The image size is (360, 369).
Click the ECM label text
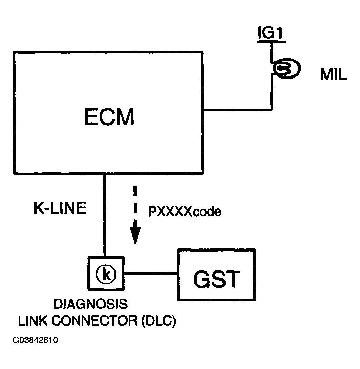pyautogui.click(x=109, y=117)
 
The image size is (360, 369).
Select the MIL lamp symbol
pyautogui.click(x=286, y=69)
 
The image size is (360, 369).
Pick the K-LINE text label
pyautogui.click(x=60, y=208)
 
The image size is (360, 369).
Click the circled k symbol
pyautogui.click(x=107, y=273)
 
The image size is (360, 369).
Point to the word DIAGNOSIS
pyautogui.click(x=90, y=305)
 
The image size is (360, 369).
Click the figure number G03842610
pyautogui.click(x=36, y=340)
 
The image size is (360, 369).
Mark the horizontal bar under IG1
pyautogui.click(x=271, y=42)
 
